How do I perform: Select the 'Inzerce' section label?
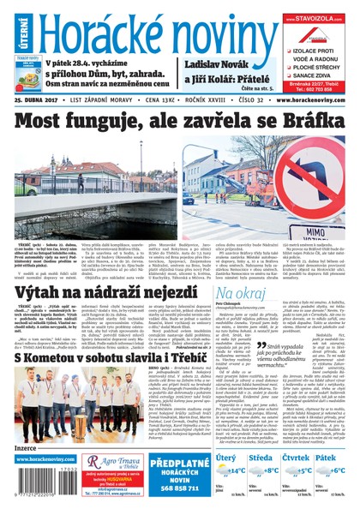click(x=27, y=446)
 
